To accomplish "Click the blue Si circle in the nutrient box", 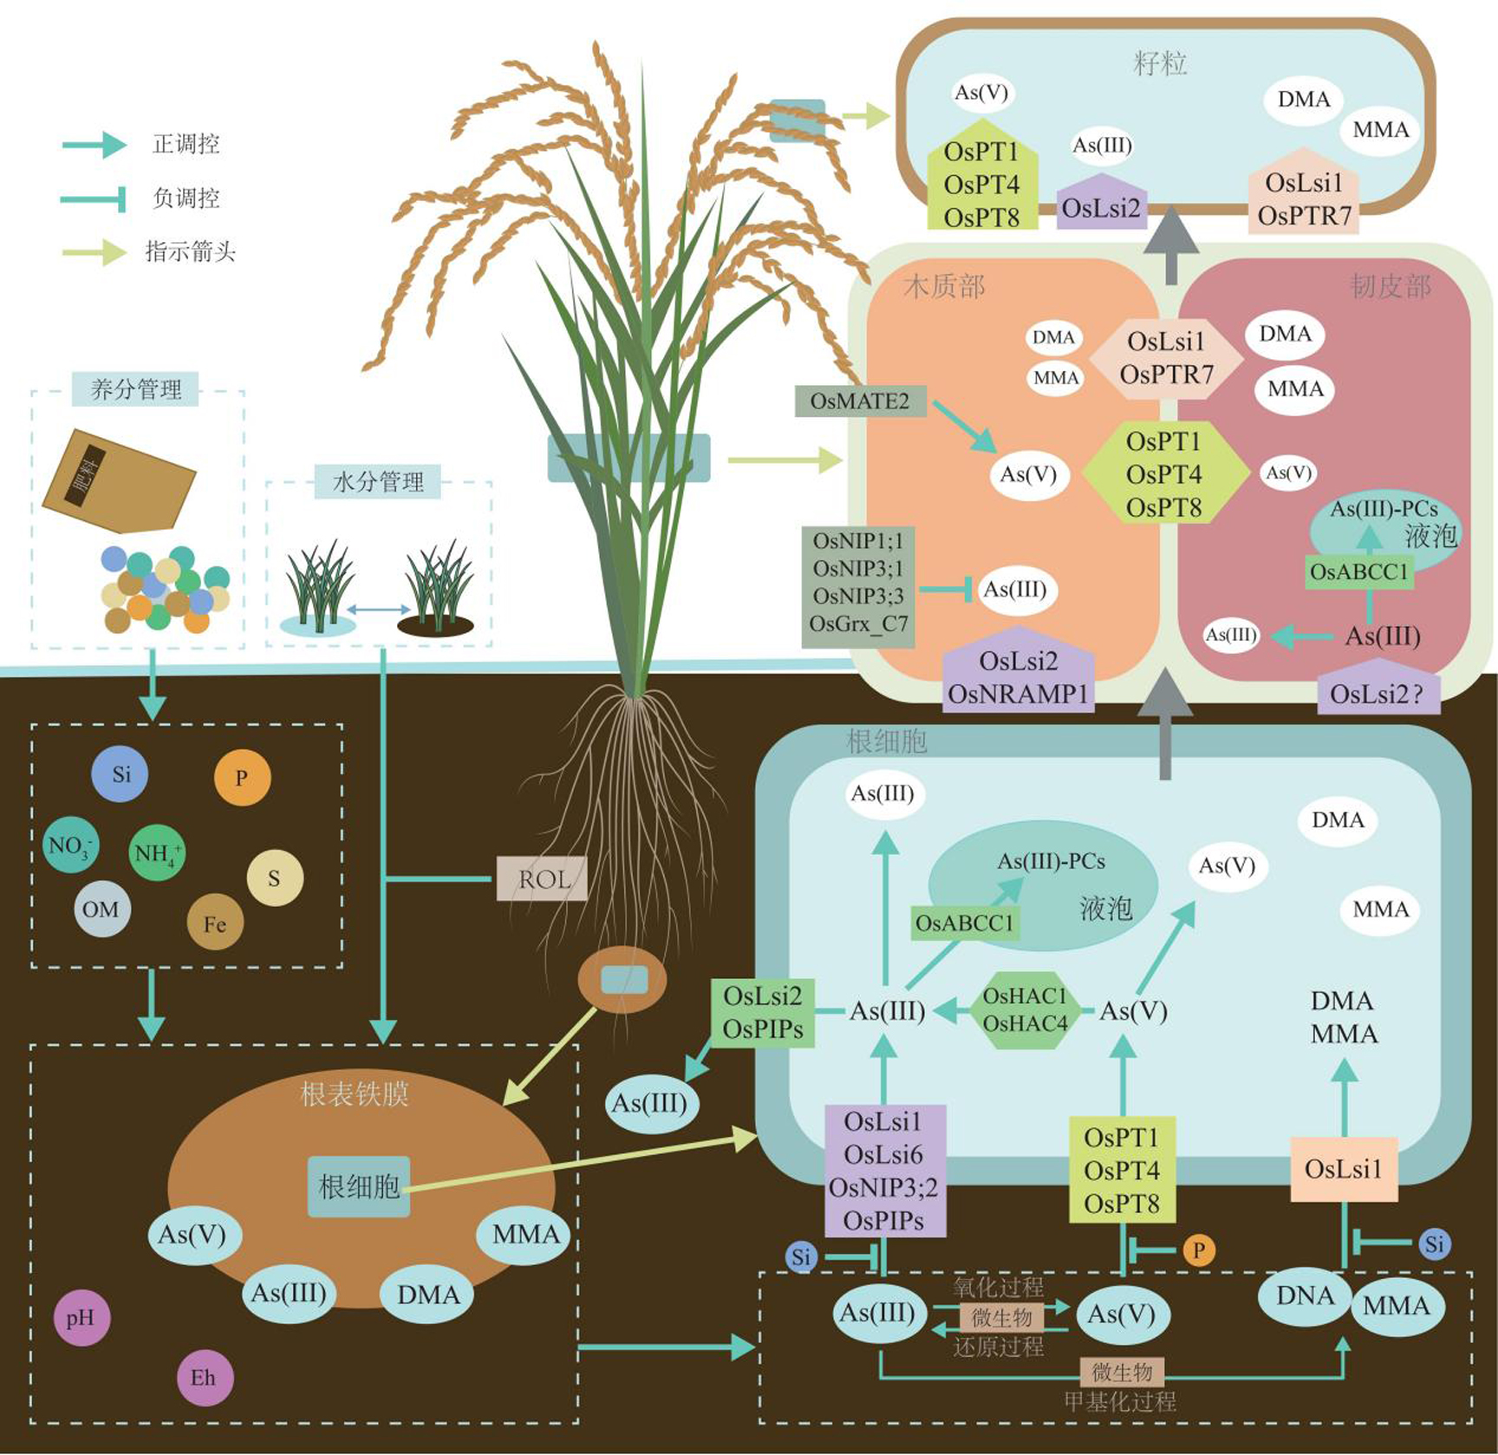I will point(120,773).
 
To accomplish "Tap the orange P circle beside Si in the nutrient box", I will point(242,778).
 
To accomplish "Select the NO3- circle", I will point(70,845).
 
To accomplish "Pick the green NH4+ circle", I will point(157,853).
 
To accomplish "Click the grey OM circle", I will point(101,909).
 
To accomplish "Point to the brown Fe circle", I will point(215,923).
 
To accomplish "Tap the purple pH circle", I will point(81,1318).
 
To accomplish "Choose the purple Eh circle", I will point(205,1377).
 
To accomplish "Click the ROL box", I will point(543,879).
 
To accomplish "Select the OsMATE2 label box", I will point(860,401).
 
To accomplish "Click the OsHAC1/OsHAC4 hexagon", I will point(1025,1010).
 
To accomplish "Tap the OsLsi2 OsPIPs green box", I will point(763,1012).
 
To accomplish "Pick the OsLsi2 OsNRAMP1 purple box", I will point(1018,677).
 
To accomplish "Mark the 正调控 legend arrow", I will point(95,144).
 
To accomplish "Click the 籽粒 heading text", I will point(1161,63).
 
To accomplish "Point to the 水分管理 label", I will point(378,481).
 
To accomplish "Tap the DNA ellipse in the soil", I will point(1305,1296).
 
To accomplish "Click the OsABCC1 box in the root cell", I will point(965,923).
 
